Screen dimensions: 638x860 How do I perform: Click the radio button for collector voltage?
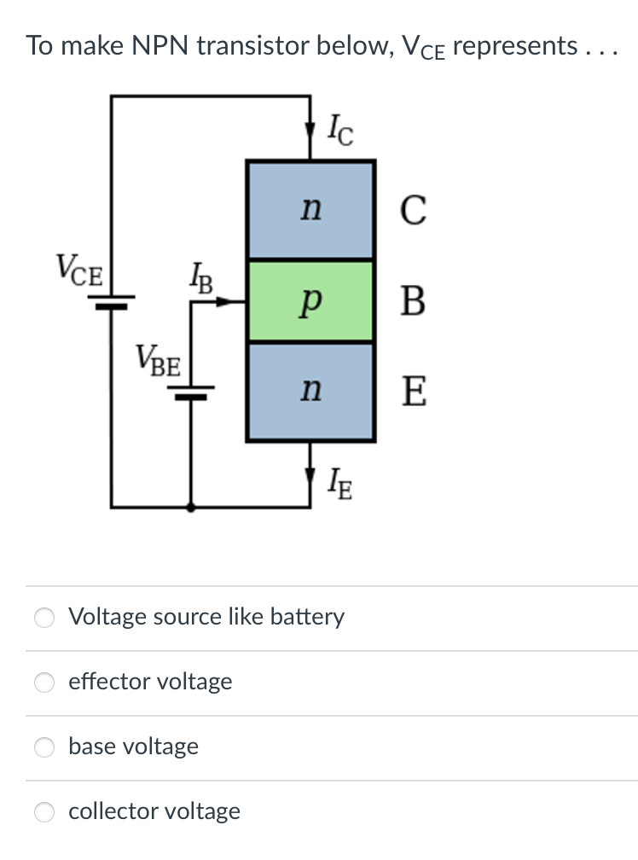coord(44,811)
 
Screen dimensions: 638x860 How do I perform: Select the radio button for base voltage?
coord(44,747)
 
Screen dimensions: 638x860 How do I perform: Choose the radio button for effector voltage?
coord(44,683)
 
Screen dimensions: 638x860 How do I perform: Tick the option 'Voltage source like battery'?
coord(44,618)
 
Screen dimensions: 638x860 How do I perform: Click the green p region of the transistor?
coord(310,300)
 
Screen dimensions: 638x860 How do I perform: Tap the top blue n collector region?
coord(310,210)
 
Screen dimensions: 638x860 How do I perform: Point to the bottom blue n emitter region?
coord(310,391)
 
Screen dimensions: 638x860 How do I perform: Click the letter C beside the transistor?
coord(413,210)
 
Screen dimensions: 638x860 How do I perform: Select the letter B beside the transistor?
coord(413,300)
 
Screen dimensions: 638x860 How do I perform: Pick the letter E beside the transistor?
coord(414,391)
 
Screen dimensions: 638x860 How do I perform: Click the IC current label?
coord(340,131)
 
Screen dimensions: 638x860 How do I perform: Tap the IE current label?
coord(339,484)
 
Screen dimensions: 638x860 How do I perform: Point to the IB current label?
coord(201,279)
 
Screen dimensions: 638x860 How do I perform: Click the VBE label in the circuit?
coord(158,360)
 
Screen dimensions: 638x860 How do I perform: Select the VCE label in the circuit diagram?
coord(79,270)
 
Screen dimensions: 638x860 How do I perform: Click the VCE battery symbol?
coord(111,302)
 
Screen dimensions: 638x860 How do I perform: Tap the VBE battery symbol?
coord(191,392)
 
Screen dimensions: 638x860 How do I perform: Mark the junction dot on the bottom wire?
coord(191,508)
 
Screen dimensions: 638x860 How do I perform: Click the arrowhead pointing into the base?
coord(223,301)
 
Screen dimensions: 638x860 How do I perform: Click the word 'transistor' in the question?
coord(254,45)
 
